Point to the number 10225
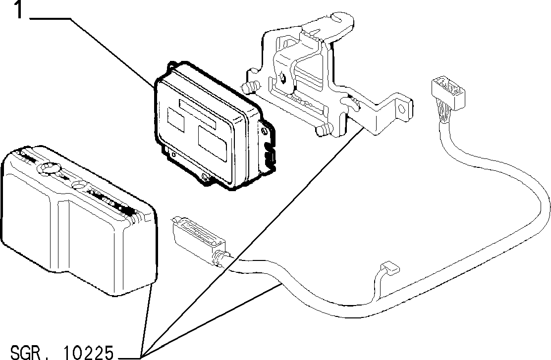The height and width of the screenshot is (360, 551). tap(88, 352)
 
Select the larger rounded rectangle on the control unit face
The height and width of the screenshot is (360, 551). tap(212, 144)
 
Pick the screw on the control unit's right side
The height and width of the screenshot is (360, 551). tap(264, 131)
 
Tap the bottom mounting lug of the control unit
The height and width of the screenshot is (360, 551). tap(206, 177)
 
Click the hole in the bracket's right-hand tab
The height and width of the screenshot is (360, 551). tap(401, 108)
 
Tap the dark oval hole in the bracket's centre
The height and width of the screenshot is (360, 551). tap(281, 77)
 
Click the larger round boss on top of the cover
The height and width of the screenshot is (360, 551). tap(49, 168)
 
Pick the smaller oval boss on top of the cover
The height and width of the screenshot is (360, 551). tap(78, 184)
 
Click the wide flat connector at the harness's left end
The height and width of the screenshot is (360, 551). tap(199, 238)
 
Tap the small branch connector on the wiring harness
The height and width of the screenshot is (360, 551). tap(390, 267)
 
